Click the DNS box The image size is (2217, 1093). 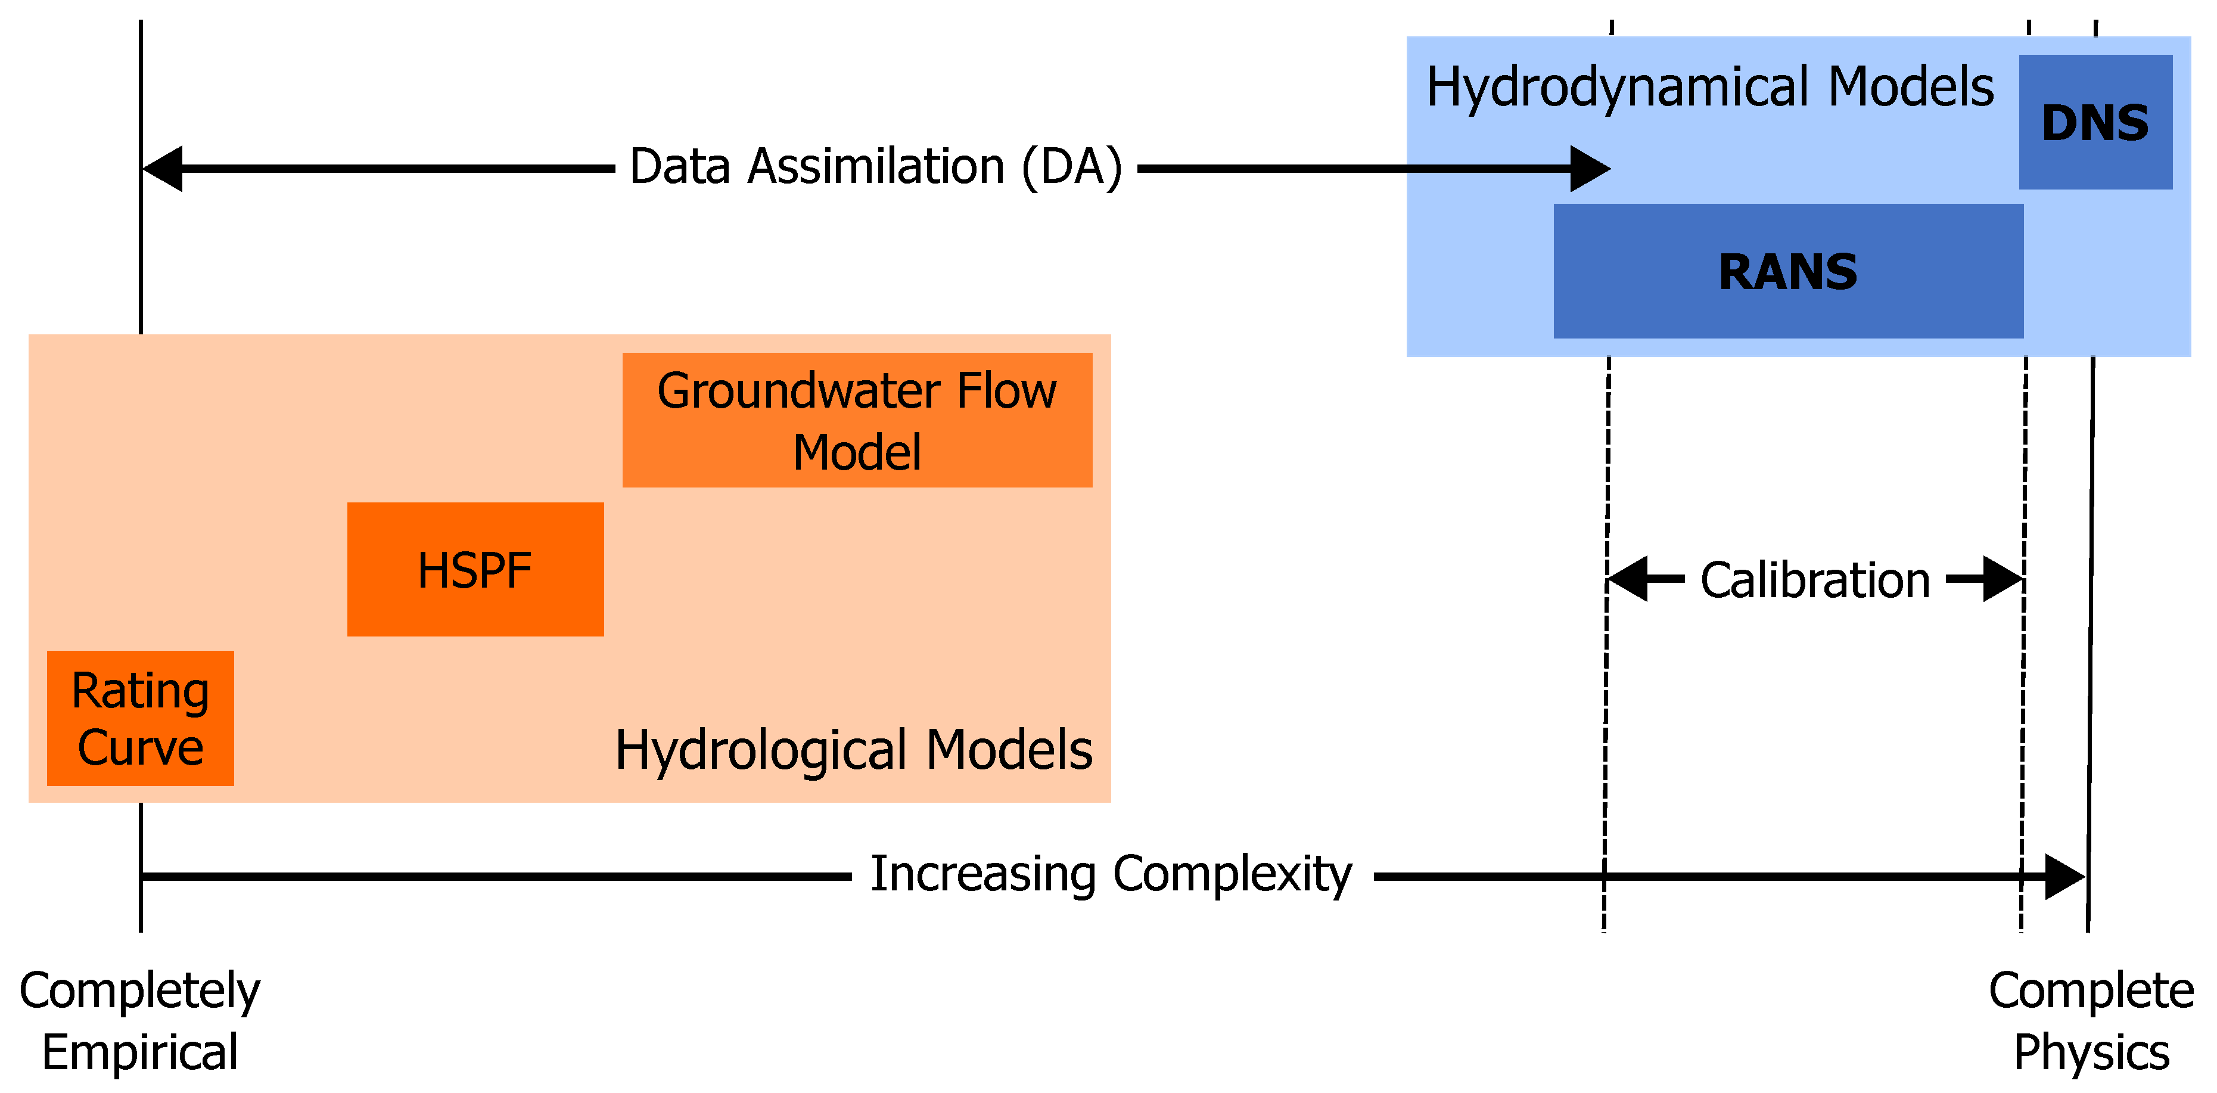pos(2095,122)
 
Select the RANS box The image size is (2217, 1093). pos(1787,271)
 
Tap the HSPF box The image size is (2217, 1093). pos(475,570)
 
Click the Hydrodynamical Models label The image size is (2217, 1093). pos(1709,87)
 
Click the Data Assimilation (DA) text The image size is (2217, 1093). pos(875,166)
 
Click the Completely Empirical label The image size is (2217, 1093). pos(139,1021)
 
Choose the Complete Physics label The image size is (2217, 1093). pos(2091,1021)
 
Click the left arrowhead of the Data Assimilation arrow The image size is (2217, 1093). pos(163,169)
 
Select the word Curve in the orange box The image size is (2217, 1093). pos(140,747)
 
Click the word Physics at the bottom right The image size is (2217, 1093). pos(2091,1052)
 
